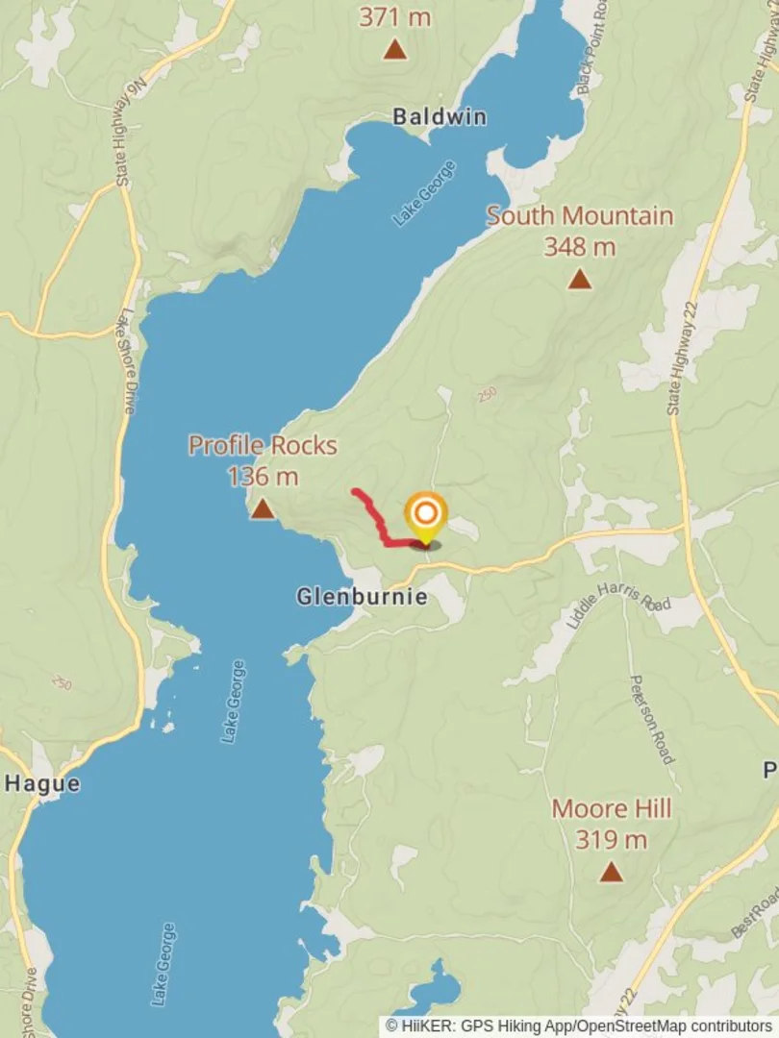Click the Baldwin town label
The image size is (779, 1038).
pos(439,117)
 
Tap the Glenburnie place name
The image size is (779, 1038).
pos(361,597)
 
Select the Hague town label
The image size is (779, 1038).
pos(42,783)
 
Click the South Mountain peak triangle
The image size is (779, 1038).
pos(579,280)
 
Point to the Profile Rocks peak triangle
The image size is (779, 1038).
pos(263,509)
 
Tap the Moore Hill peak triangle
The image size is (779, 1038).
pos(611,873)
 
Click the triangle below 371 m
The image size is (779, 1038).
pos(394,49)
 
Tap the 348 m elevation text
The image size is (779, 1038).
pos(579,247)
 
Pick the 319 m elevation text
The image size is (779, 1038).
pos(611,840)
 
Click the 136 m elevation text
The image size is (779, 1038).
pos(263,476)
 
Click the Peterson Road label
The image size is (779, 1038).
pos(651,719)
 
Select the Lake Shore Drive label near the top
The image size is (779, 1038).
pos(128,360)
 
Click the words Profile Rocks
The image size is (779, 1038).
pos(263,445)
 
